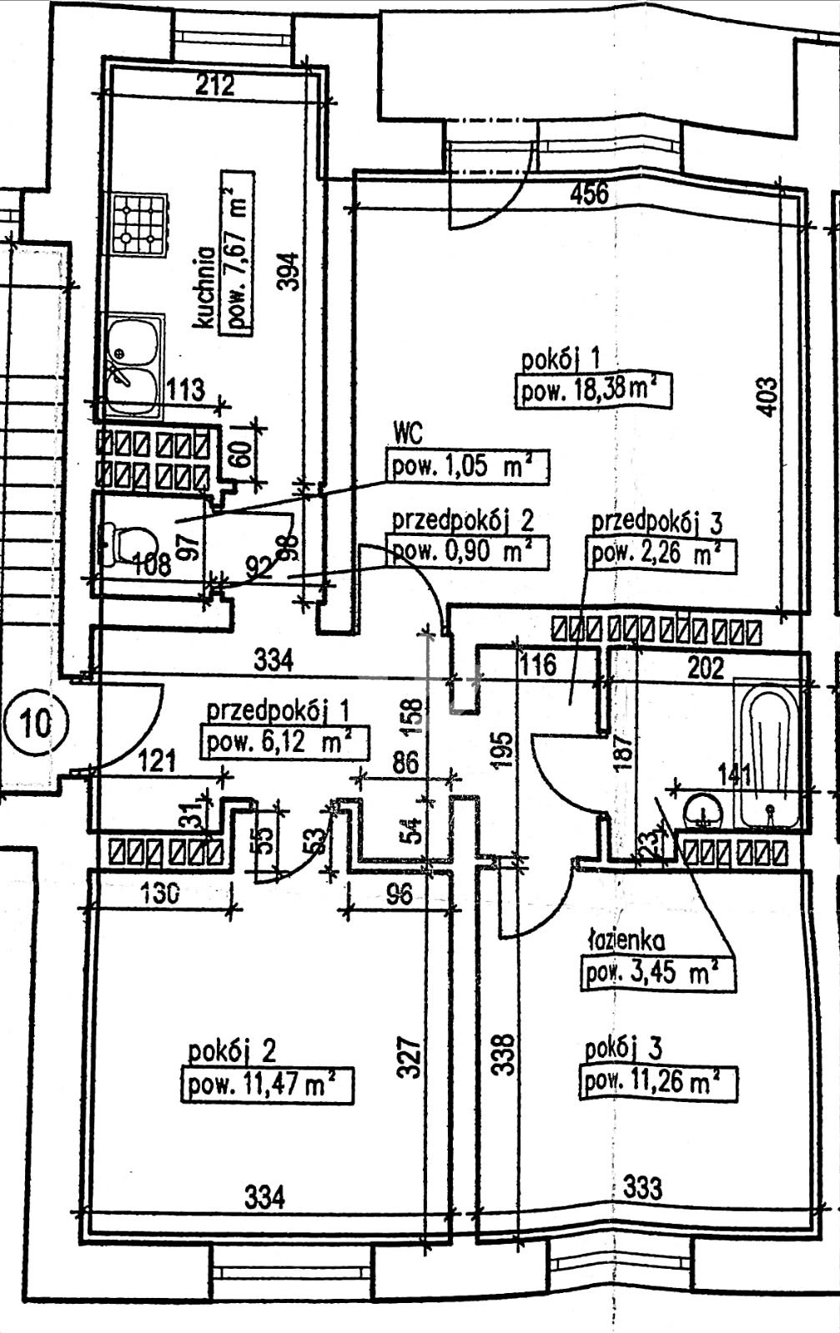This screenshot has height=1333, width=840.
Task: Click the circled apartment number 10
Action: tap(36, 724)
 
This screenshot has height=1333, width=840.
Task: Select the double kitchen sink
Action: tap(134, 364)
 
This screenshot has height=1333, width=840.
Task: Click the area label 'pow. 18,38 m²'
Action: tap(594, 391)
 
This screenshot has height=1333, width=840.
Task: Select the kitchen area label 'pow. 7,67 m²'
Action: tap(237, 253)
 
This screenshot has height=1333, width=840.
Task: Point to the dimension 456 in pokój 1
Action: tap(590, 194)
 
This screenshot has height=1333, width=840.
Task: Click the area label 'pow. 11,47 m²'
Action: tap(267, 1086)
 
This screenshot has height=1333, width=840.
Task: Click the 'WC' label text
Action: tap(408, 433)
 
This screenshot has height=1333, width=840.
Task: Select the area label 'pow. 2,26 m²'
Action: tap(661, 555)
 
